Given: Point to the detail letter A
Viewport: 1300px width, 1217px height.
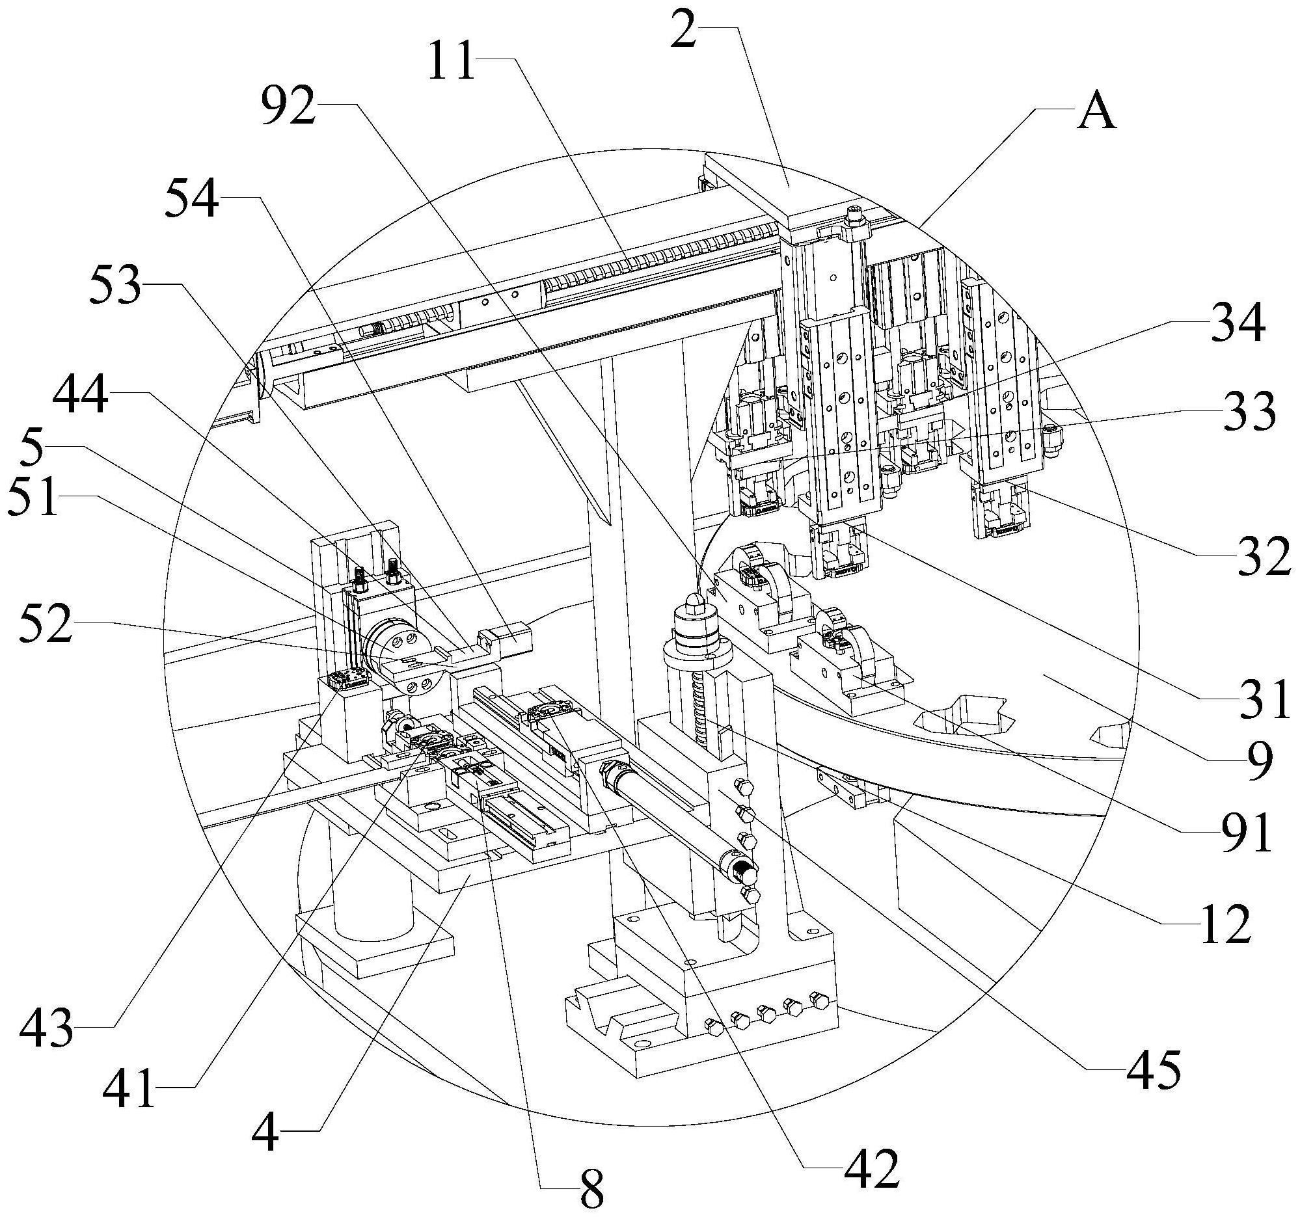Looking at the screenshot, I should (x=1096, y=113).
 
